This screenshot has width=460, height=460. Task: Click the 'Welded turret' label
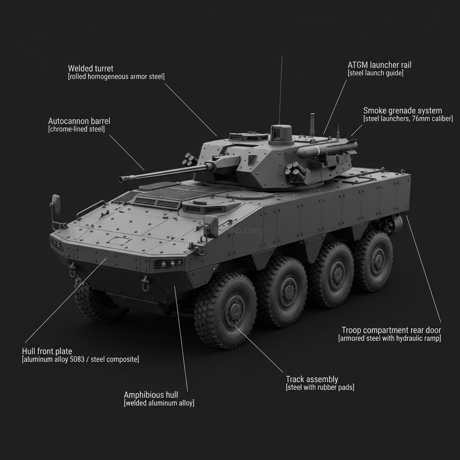(91, 69)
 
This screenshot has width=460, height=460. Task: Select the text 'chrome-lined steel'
(76, 129)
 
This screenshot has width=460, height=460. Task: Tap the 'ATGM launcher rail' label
(379, 65)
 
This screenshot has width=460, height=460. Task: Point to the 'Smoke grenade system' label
(402, 111)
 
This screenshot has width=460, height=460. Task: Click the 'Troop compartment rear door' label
(391, 330)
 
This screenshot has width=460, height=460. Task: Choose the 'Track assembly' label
(312, 380)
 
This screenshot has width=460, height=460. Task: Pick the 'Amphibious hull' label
(151, 395)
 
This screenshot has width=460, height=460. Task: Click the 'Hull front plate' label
(47, 351)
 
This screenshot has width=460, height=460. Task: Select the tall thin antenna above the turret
(280, 90)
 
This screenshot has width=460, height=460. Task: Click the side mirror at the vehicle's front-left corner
(56, 204)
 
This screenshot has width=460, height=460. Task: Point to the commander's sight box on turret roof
(281, 133)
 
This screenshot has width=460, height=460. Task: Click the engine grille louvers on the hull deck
(156, 203)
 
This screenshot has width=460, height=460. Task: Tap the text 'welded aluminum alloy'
(159, 403)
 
